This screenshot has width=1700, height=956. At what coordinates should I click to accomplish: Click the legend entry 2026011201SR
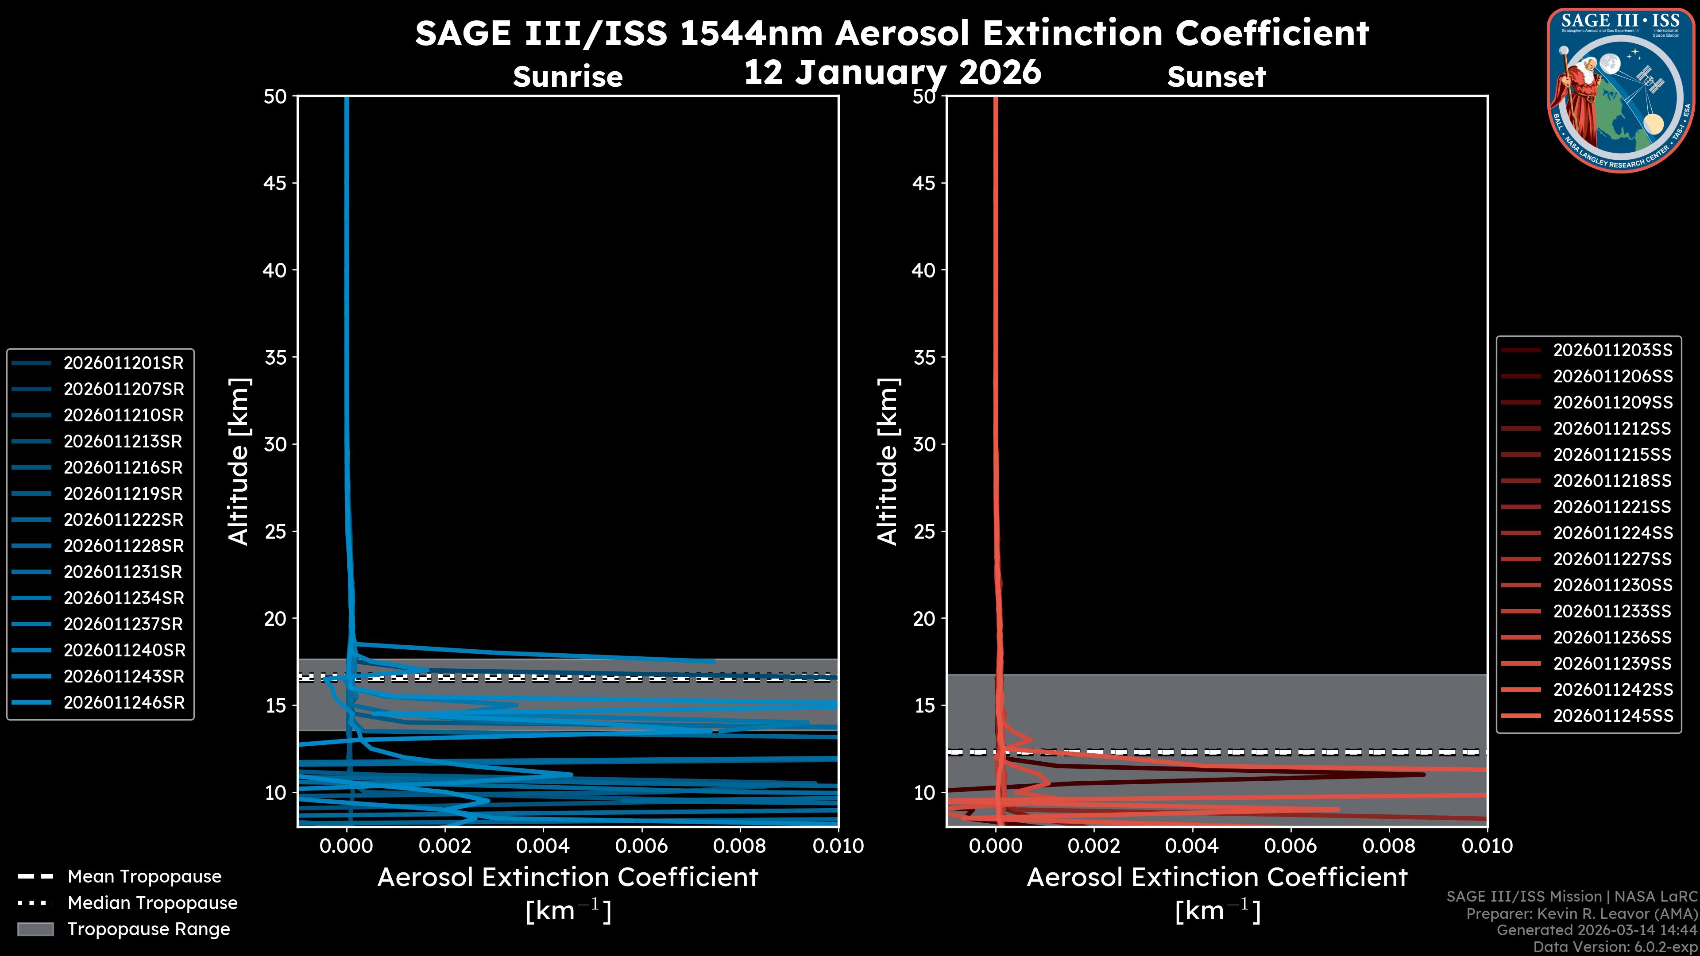124,363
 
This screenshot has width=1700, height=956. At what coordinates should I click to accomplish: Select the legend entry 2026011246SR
124,703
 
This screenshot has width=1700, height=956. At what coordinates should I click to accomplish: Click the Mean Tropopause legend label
144,877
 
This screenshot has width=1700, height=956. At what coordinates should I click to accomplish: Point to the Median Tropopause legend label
152,903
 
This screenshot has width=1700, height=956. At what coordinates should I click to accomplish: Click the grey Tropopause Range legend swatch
35,929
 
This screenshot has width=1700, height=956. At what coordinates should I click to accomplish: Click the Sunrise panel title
568,77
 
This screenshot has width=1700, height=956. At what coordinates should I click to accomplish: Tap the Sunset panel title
1216,77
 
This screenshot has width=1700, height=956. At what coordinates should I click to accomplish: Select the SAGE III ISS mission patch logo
1621,90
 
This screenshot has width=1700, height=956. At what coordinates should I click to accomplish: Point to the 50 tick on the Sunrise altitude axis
275,97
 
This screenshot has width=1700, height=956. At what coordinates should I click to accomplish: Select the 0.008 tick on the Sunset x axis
1389,846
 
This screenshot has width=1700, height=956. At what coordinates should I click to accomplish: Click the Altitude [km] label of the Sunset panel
888,462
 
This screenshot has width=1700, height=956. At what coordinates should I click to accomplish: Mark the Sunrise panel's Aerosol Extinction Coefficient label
568,878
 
